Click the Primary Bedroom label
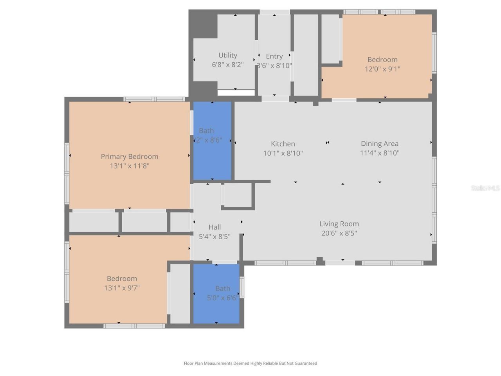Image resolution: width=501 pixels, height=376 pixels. point(130,156)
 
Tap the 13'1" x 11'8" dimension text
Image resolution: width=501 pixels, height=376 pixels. point(130,166)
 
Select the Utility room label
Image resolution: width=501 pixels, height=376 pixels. point(228,55)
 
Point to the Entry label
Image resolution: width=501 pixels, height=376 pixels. point(274,56)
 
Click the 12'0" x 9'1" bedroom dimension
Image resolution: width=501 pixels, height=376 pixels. point(382,69)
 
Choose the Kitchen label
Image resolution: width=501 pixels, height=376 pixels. point(283,144)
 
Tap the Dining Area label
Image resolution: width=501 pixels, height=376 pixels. point(379,144)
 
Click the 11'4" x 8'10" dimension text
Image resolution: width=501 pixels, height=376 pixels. point(379,153)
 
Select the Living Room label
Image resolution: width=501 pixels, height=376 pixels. point(339,224)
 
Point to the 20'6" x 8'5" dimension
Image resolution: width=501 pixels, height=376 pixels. point(339,233)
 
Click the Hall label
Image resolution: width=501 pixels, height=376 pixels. point(214,227)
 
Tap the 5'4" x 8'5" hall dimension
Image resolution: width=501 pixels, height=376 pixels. point(214,237)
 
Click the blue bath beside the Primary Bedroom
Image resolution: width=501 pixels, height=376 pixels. point(212,157)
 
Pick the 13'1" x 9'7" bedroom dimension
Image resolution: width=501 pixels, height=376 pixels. point(122,288)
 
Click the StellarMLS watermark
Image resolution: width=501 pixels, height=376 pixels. point(485,188)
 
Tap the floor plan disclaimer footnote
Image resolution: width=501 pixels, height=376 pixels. point(250,363)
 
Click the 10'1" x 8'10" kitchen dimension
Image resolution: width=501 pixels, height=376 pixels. point(283,153)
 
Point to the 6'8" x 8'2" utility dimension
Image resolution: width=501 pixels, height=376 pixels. point(228,65)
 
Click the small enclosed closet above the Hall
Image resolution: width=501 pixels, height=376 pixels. point(238,195)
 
